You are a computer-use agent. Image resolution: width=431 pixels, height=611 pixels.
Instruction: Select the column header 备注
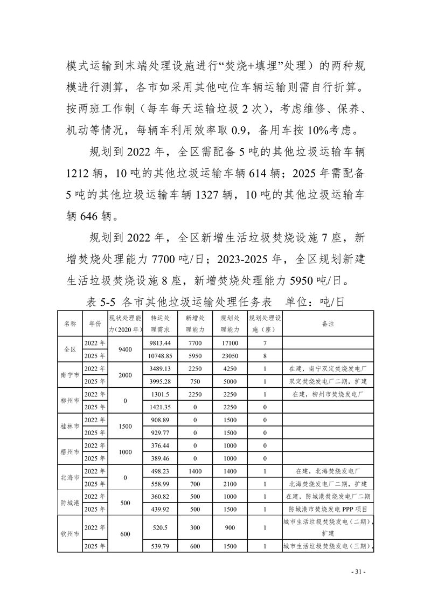click(x=328, y=324)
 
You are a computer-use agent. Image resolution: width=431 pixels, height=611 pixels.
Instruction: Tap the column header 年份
click(x=95, y=324)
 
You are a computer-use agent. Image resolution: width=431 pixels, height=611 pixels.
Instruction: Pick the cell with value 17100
click(x=229, y=343)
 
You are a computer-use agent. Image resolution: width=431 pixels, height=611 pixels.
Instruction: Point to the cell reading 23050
click(x=229, y=356)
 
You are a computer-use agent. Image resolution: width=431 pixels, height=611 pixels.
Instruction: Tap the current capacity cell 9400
click(x=125, y=349)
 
